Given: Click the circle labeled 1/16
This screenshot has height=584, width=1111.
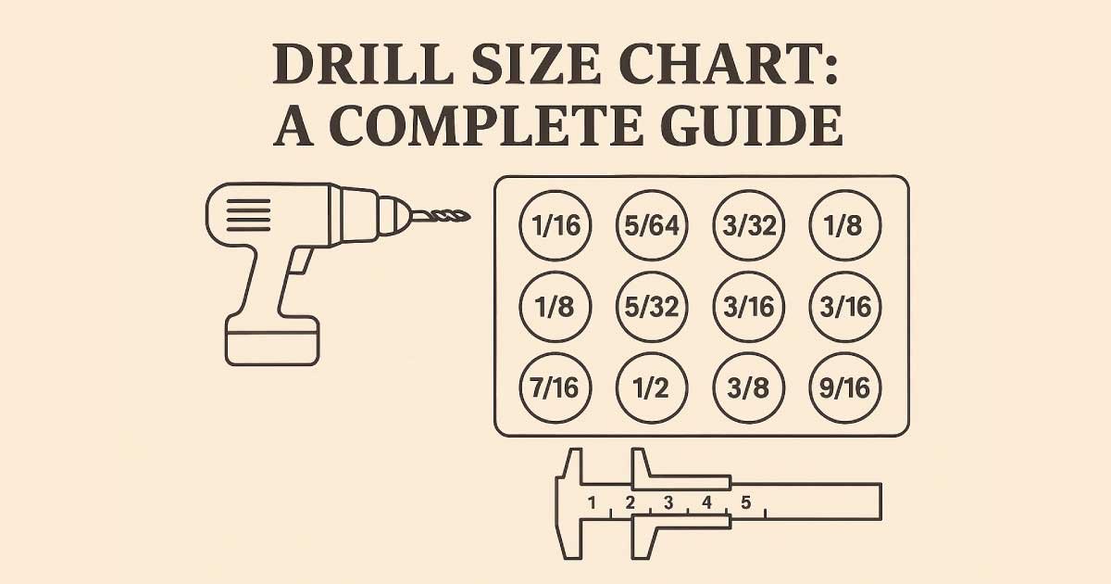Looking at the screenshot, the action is point(555,225).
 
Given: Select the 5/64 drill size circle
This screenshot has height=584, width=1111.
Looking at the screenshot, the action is point(652,225).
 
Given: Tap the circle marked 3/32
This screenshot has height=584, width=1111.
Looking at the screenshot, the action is point(749,225).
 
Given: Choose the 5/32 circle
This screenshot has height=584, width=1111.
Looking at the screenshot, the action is point(652,307).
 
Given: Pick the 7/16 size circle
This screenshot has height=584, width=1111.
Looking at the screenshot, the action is point(555,387).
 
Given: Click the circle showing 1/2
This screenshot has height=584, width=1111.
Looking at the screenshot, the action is point(652,387).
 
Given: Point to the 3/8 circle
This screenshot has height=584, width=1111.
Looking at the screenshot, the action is point(749,387).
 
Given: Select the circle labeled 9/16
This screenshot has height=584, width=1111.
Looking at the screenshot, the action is point(845,387).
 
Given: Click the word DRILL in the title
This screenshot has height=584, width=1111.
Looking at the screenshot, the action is point(363,65).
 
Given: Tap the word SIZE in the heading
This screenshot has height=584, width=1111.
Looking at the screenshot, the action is point(536,65).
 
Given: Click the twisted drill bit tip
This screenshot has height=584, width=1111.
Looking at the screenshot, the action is point(442,216).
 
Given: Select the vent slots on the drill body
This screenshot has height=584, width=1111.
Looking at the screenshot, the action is point(248,215).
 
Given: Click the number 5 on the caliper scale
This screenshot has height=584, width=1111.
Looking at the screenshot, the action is point(745,502).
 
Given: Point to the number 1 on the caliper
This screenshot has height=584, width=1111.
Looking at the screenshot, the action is point(592,502).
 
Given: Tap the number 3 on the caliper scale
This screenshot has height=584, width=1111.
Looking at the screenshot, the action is point(668,502).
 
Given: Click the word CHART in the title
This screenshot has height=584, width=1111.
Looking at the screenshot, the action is point(728,65).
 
